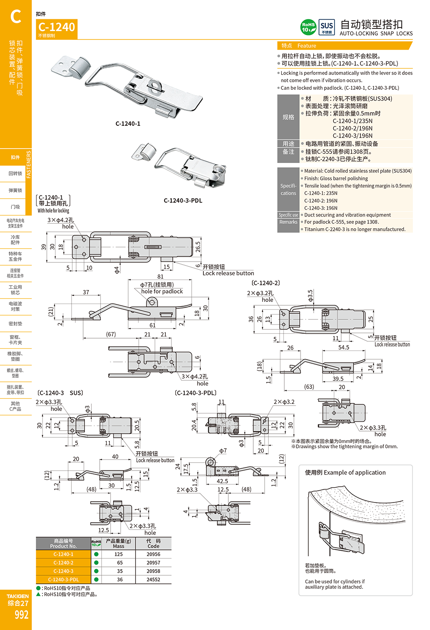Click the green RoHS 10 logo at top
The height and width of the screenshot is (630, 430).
[308, 27]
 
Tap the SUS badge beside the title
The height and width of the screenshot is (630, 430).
[326, 27]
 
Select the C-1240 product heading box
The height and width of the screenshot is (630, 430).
[57, 29]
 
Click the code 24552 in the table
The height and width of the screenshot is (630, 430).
[153, 580]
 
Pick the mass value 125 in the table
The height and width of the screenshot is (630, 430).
[119, 554]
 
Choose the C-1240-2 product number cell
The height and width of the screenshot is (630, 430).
[63, 563]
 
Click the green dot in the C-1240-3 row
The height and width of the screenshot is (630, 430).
[96, 571]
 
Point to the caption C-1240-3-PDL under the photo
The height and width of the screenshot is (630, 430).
[183, 201]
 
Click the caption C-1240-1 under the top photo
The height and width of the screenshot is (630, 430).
[128, 124]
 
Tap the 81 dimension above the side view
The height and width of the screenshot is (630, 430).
[161, 276]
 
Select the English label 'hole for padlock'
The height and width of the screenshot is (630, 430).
[162, 291]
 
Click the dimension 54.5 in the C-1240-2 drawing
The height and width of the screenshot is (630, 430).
[344, 347]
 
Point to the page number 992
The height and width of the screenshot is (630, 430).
[21, 615]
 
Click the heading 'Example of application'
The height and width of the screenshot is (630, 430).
[345, 472]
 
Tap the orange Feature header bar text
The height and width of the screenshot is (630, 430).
[306, 46]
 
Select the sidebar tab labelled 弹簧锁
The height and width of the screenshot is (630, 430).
[15, 190]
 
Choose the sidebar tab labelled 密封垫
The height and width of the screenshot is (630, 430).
[15, 324]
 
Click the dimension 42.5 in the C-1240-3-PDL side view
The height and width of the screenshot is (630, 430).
[222, 481]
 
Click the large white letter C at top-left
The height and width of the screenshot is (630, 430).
[16, 17]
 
